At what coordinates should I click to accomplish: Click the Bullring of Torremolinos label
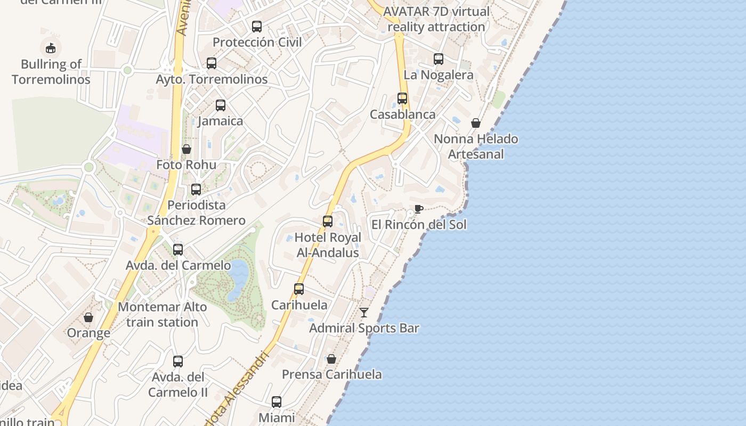(51, 72)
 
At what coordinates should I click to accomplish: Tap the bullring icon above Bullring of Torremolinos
(51, 48)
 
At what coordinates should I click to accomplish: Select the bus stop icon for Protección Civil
(257, 26)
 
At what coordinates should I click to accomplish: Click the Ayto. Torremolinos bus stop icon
(212, 63)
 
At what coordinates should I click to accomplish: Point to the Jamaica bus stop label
(221, 121)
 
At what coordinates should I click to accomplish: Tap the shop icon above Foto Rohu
(186, 149)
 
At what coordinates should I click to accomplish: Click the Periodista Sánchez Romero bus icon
(196, 190)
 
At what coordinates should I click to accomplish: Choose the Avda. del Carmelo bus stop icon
(178, 249)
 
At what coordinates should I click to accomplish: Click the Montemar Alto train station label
(162, 315)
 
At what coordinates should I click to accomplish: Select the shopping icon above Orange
(88, 317)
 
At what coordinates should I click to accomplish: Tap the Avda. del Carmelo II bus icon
(178, 362)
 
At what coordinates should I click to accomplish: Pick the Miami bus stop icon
(277, 402)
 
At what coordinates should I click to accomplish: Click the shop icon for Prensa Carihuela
(331, 359)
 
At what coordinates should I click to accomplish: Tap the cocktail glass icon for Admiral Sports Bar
(364, 313)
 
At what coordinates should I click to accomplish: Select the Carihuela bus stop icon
(299, 289)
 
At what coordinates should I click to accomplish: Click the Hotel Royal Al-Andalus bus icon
(328, 222)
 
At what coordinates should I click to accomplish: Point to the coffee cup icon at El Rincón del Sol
(419, 209)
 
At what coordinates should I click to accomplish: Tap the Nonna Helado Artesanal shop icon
(476, 124)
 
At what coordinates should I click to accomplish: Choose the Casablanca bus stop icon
(402, 99)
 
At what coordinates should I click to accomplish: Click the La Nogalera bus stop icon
(439, 59)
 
